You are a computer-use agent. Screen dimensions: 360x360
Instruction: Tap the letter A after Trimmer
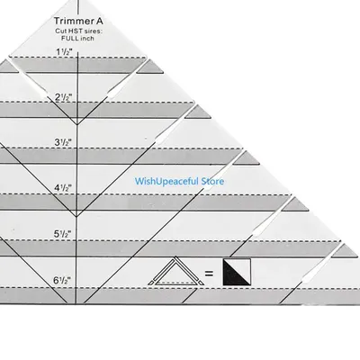[x=100, y=21]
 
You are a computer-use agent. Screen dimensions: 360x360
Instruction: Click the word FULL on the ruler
[x=68, y=39]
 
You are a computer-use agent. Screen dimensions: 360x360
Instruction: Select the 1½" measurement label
[x=64, y=52]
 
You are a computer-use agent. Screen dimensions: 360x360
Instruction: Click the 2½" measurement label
[x=64, y=97]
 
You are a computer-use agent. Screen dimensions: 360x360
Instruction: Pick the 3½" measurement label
[x=63, y=142]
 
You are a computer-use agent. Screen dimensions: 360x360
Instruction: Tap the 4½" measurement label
[x=63, y=188]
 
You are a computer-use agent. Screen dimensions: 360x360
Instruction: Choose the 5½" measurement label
[x=63, y=234]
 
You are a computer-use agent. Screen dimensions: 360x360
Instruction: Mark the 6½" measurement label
[x=62, y=281]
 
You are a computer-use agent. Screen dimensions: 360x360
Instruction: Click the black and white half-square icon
[x=237, y=272]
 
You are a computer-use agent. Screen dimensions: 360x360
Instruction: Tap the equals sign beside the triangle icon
[x=209, y=274]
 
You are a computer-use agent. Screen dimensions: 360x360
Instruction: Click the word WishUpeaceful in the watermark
[x=166, y=182]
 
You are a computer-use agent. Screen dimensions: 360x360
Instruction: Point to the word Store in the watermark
[x=212, y=181]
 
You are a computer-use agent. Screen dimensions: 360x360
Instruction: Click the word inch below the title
[x=85, y=39]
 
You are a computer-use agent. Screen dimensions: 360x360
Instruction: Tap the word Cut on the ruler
[x=60, y=31]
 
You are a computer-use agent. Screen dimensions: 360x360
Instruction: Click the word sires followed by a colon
[x=93, y=31]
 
